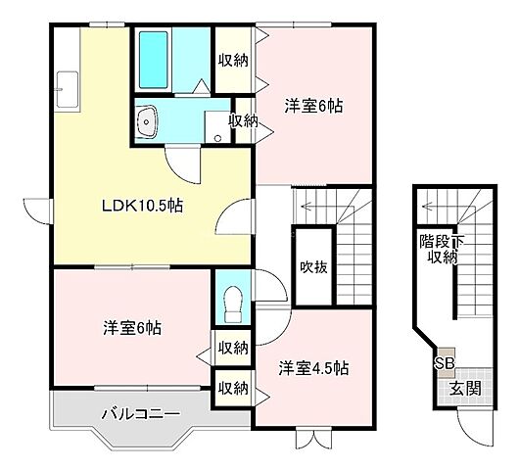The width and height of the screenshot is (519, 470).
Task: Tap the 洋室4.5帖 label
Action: click(313, 368)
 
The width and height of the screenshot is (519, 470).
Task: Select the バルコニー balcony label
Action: click(140, 414)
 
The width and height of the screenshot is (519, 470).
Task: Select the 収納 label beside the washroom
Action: click(243, 120)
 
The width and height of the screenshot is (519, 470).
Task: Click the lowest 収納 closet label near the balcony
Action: click(233, 388)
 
